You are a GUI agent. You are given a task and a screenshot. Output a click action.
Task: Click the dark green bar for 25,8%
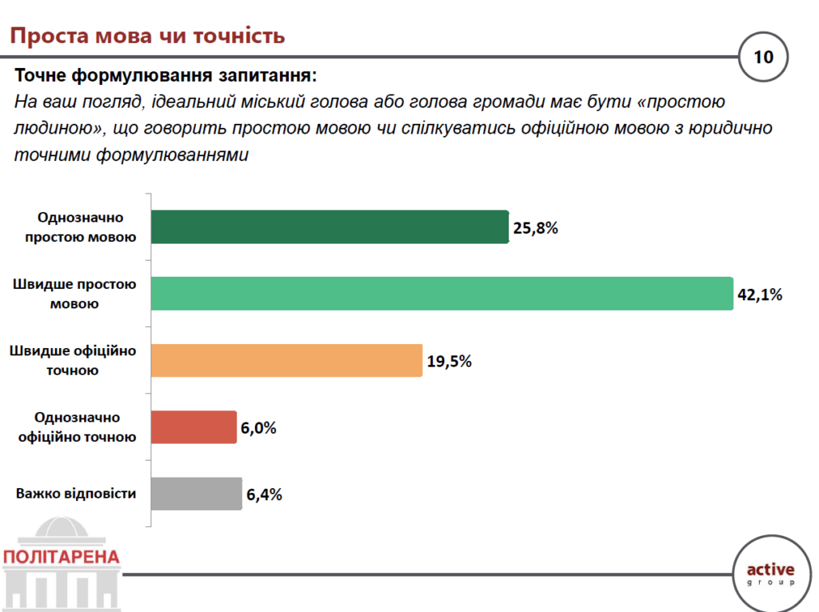[x=329, y=227]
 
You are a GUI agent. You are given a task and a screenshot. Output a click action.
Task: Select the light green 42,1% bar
[x=441, y=294]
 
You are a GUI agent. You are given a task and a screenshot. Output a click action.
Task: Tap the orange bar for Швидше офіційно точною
[x=286, y=360]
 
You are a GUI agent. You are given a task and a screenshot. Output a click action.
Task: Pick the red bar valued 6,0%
[x=194, y=427]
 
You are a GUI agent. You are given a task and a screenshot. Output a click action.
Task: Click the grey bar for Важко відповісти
[x=196, y=494]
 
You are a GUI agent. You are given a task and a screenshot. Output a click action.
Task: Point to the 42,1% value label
[x=760, y=294]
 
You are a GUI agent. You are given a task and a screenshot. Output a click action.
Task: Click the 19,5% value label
[x=449, y=361]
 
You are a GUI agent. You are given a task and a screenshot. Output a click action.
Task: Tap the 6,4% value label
[x=265, y=494]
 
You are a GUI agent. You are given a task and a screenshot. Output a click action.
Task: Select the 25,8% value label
[x=535, y=228]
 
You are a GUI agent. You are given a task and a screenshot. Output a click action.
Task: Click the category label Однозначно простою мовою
[x=80, y=227]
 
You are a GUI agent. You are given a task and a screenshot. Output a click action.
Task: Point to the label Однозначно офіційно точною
[x=77, y=427]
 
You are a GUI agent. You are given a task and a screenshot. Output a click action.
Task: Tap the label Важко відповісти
[x=76, y=494]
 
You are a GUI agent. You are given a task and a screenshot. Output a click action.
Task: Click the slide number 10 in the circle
[x=763, y=57]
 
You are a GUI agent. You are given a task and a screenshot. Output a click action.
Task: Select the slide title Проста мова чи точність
[x=146, y=36]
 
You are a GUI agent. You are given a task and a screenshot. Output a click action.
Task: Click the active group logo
[x=770, y=574]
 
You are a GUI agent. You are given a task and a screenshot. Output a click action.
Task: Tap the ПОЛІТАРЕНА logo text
[x=61, y=557]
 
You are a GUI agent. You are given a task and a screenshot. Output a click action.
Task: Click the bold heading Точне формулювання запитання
[x=166, y=77]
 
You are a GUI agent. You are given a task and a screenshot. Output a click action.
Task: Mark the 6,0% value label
[x=258, y=428]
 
